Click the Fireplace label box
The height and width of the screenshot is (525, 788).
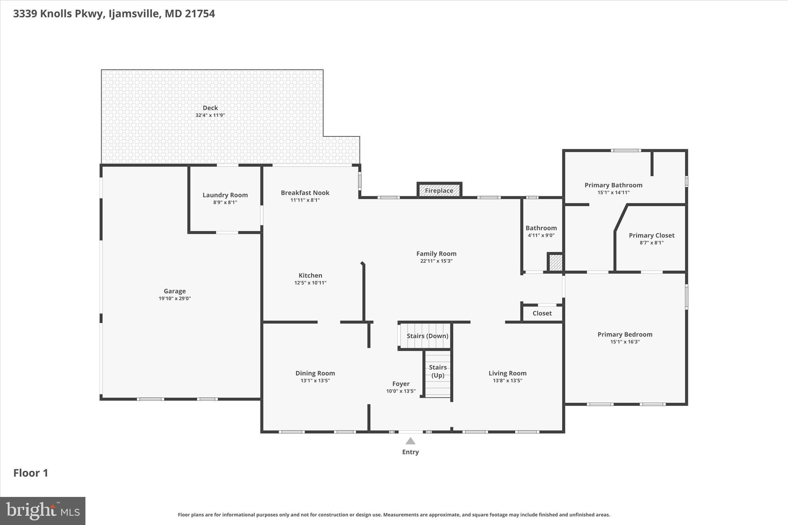439,190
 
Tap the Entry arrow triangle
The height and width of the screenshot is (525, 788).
411,441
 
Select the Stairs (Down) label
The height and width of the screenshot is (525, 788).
427,336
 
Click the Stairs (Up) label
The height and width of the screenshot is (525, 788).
438,371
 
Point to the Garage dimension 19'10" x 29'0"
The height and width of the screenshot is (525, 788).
175,298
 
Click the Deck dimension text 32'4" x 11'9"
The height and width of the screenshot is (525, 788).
210,115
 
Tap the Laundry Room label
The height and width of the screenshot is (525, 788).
225,195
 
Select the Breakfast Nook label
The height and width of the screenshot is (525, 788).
305,193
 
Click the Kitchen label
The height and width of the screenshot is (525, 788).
311,275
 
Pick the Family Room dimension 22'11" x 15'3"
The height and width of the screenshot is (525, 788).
436,261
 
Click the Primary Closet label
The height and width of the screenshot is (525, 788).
651,235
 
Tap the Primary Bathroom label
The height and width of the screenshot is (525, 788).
613,185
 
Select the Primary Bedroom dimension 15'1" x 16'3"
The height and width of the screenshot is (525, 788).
625,342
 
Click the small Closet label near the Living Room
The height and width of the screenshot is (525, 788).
542,313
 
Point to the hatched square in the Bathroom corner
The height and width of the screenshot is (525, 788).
555,263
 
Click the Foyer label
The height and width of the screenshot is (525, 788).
401,383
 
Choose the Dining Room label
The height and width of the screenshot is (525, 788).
315,373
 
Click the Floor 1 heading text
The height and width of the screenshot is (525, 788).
31,473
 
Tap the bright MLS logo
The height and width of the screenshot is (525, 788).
43,510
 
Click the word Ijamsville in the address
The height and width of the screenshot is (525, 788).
134,14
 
